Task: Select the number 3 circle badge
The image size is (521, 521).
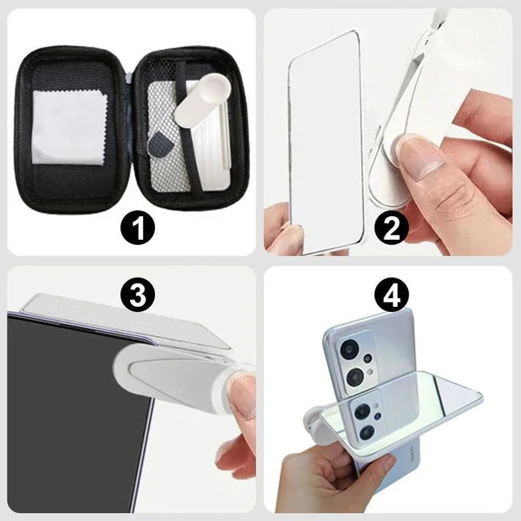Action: click(x=139, y=296)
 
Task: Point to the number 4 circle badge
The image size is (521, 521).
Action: click(x=392, y=296)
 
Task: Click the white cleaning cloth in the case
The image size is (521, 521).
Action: click(x=71, y=126)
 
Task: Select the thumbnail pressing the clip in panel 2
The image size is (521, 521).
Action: click(x=419, y=156)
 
